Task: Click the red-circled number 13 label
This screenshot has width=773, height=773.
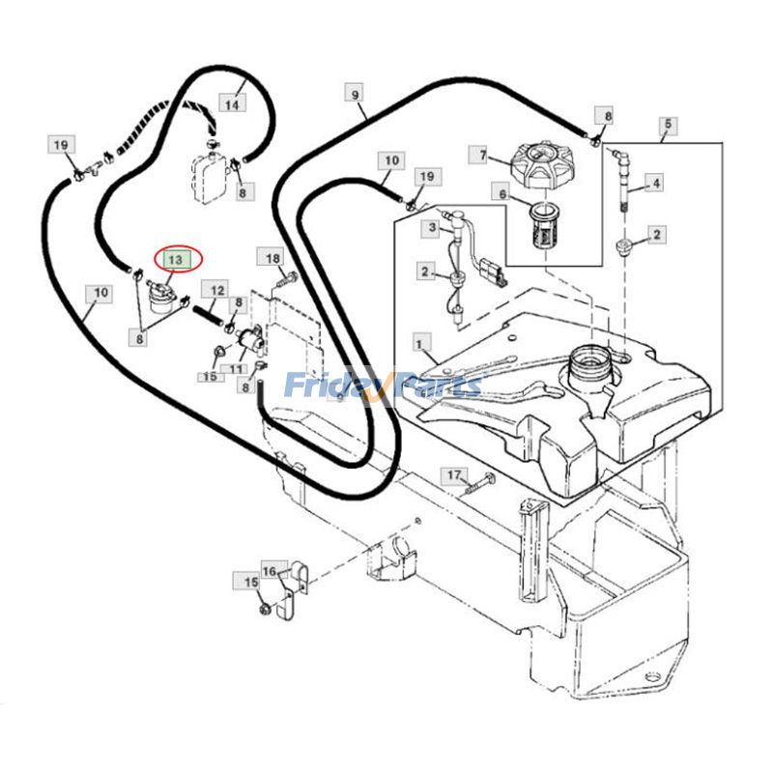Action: [x=178, y=259]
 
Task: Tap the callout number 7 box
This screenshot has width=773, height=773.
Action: [x=481, y=156]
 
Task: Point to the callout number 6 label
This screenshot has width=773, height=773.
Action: [x=502, y=194]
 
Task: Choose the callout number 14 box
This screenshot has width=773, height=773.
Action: [x=232, y=104]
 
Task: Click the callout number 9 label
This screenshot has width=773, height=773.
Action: [x=356, y=94]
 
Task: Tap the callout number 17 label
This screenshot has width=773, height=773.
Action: [x=454, y=475]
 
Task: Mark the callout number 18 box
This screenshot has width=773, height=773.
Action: [x=272, y=258]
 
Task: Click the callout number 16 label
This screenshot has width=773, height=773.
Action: [x=270, y=571]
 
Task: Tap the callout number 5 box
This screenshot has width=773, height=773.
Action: [x=668, y=125]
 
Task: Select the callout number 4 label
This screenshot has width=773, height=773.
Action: [x=656, y=183]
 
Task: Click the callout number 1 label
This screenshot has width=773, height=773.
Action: [x=419, y=344]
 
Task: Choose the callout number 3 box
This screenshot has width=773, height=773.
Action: [x=432, y=228]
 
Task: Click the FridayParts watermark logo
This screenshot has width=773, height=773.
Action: [x=384, y=385]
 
